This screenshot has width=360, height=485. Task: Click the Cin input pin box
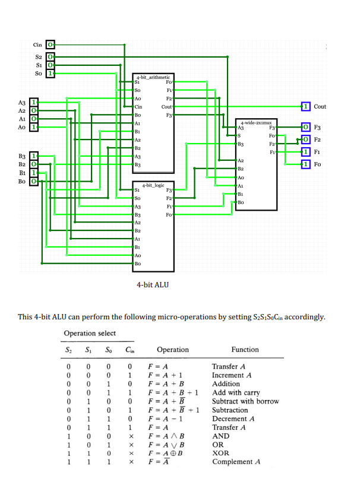point(50,45)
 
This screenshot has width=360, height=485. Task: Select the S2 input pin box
point(50,57)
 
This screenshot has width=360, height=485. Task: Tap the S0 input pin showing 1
point(50,73)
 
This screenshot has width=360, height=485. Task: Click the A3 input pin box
point(34,102)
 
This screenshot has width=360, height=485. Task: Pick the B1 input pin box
point(34,172)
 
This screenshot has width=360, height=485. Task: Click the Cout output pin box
point(305,106)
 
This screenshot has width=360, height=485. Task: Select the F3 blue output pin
point(305,128)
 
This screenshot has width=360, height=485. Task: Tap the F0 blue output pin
point(305,164)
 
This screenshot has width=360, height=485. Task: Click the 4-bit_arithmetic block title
point(153,77)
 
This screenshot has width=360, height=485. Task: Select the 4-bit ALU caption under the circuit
point(153,285)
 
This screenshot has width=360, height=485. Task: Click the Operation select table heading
point(90,333)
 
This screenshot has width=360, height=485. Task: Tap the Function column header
point(245,350)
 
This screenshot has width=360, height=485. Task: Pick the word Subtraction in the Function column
point(230,410)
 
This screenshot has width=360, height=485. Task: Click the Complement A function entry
point(236,462)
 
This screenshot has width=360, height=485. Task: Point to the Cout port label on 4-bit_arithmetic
point(166,107)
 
